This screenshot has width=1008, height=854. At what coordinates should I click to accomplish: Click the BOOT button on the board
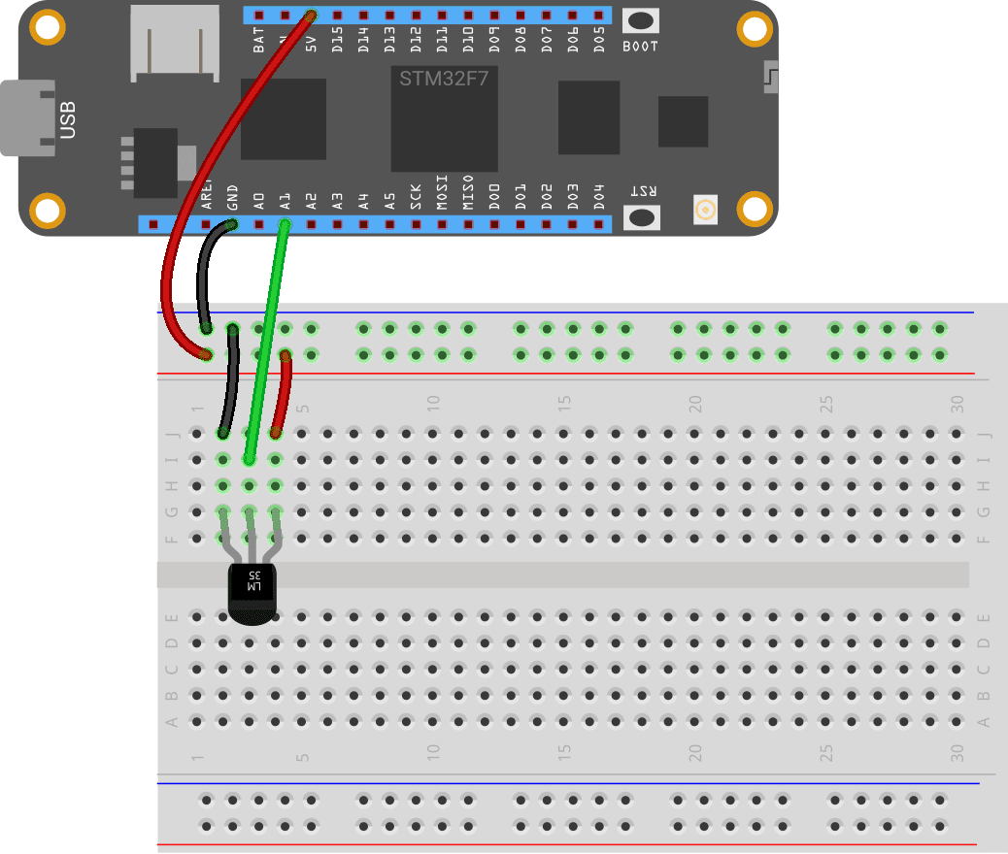click(x=640, y=21)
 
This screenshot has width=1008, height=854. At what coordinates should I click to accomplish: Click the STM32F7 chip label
click(x=444, y=78)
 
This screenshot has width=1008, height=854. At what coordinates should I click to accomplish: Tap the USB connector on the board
click(x=29, y=117)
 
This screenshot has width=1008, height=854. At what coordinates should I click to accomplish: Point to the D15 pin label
click(x=337, y=39)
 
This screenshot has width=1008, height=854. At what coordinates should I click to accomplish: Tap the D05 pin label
click(x=599, y=39)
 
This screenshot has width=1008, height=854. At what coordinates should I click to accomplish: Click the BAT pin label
click(x=258, y=40)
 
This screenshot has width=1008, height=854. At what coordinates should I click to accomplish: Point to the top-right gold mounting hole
click(x=754, y=29)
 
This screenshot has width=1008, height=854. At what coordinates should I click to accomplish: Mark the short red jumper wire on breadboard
click(x=282, y=394)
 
